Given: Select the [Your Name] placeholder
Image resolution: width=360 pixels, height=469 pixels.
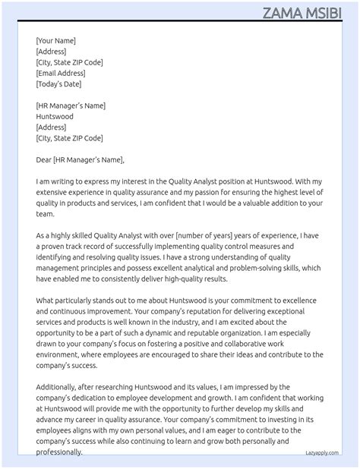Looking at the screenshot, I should pyautogui.click(x=55, y=41).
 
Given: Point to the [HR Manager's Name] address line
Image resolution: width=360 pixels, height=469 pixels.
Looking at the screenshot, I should pyautogui.click(x=71, y=106).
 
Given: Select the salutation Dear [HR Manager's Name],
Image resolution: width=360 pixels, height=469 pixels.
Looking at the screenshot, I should pyautogui.click(x=80, y=160).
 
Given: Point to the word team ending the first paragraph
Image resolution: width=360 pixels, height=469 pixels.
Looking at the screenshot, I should pyautogui.click(x=45, y=215).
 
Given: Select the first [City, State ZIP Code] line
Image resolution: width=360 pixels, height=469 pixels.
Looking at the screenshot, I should pyautogui.click(x=69, y=62).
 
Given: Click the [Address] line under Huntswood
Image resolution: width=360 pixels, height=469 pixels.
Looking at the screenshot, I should pyautogui.click(x=51, y=127).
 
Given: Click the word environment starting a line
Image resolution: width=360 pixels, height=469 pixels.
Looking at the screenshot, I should pyautogui.click(x=62, y=355).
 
